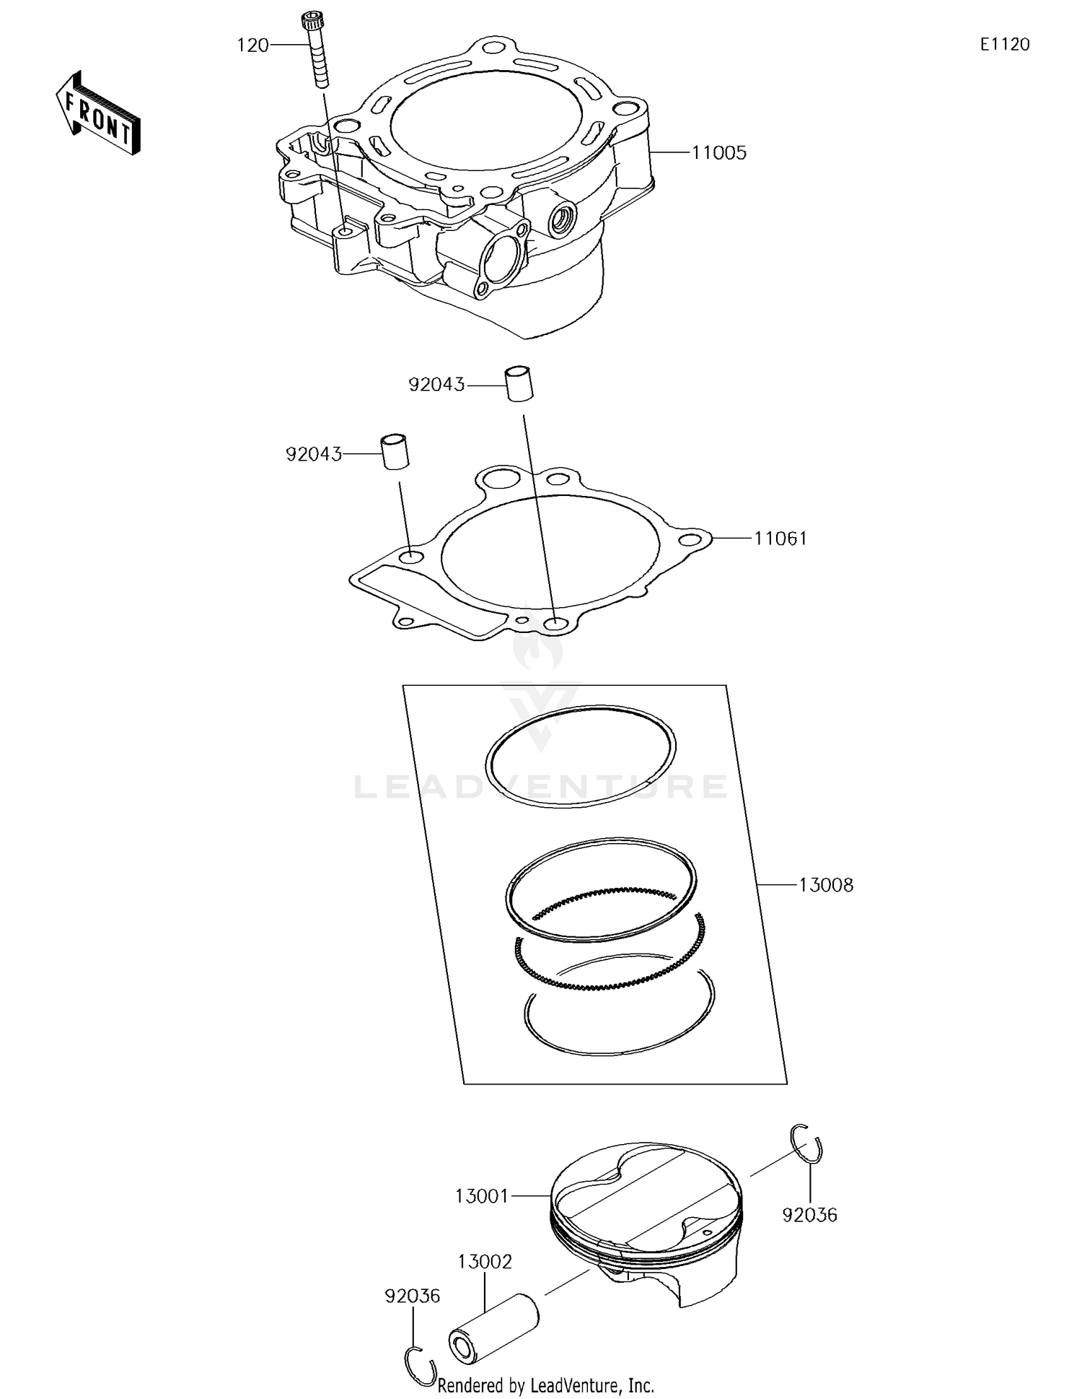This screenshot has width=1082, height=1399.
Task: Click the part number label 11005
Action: [718, 153]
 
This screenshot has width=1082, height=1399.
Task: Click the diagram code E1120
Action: [1004, 45]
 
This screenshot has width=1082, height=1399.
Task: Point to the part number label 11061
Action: [780, 539]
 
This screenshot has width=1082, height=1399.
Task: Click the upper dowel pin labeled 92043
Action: [519, 383]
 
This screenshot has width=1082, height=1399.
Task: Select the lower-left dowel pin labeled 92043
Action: [395, 452]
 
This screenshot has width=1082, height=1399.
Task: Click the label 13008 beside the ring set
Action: [826, 885]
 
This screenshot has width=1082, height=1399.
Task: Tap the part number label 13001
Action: [482, 1196]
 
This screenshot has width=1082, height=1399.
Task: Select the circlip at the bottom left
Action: [420, 1367]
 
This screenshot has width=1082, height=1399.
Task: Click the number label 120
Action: [252, 45]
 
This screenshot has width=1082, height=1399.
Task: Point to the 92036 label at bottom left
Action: [412, 1296]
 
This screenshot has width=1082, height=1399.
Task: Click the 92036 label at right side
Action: [809, 1215]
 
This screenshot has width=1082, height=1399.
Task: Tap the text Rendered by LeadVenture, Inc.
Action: [546, 1385]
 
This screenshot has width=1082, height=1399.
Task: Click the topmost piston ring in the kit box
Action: [581, 756]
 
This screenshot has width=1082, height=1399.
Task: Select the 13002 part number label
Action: [485, 1261]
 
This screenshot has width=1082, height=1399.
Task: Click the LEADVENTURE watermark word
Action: [541, 787]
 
